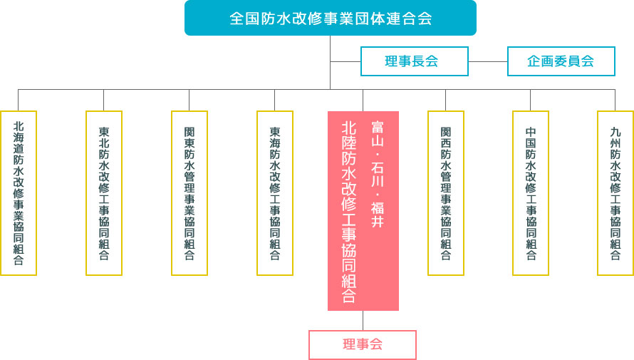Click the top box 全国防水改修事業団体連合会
point(330,18)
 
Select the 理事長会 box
point(414,61)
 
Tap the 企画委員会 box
point(561,61)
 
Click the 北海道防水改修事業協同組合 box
point(19,192)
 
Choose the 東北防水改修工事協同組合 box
point(104,192)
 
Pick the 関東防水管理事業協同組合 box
point(189,192)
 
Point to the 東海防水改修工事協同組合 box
point(275,192)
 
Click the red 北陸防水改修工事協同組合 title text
point(349,211)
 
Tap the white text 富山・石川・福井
point(378,174)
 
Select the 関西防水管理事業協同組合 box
point(446,192)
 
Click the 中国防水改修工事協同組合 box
point(531,192)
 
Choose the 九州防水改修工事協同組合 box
point(615,192)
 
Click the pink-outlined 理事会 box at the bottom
point(363,345)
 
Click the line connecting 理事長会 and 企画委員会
point(488,61)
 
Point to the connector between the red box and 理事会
point(363,320)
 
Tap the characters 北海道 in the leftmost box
point(19,140)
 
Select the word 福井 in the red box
point(378,216)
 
